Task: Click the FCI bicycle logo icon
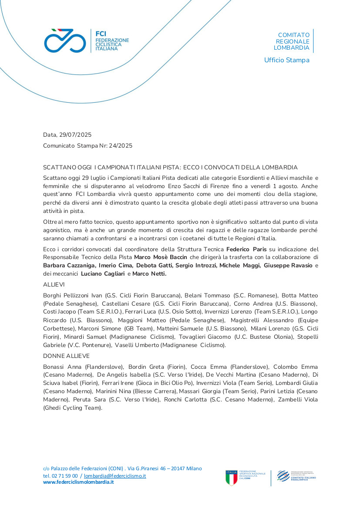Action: [x=65, y=40]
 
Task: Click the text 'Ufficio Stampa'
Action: [x=286, y=60]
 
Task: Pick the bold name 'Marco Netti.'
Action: [x=149, y=273]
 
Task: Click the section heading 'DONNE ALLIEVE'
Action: [x=66, y=356]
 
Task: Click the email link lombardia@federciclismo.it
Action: [x=115, y=476]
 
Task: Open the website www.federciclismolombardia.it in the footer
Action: [x=78, y=482]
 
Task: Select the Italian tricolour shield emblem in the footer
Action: [x=232, y=478]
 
